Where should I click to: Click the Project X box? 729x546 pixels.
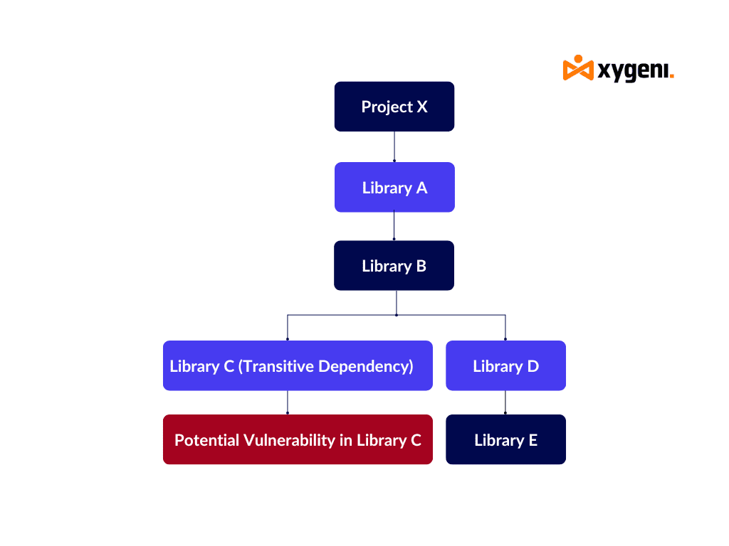(x=394, y=107)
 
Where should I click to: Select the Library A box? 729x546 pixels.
(x=394, y=187)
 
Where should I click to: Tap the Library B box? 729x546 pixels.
(x=394, y=266)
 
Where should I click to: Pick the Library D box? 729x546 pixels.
(x=506, y=365)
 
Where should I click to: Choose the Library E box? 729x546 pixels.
(x=506, y=439)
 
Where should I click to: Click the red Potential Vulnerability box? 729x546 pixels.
(x=298, y=439)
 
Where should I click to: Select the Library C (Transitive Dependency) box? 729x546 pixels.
(x=298, y=365)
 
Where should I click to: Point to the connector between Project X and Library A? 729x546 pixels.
(x=394, y=146)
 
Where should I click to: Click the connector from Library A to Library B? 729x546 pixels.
(x=394, y=226)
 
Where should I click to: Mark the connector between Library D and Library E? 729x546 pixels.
(x=505, y=402)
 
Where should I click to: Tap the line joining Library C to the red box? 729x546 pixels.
(x=288, y=402)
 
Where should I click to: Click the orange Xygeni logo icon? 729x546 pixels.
(x=578, y=68)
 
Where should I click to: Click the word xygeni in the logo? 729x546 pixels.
(x=633, y=70)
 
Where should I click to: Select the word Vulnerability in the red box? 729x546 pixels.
(x=289, y=440)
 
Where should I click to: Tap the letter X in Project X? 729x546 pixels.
(x=422, y=107)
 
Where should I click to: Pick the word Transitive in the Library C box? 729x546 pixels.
(x=276, y=366)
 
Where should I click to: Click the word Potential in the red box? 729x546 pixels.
(x=207, y=439)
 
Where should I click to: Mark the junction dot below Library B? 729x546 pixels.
(x=396, y=315)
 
